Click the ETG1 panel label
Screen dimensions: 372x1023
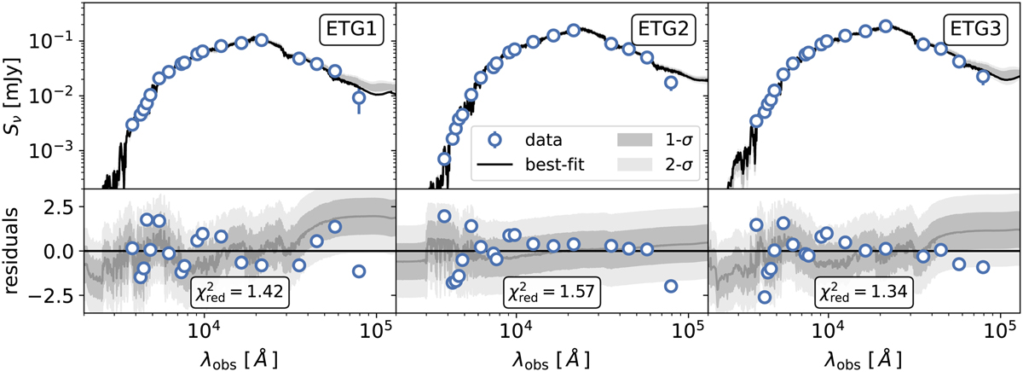point(351,31)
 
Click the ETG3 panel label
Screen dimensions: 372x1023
point(974,31)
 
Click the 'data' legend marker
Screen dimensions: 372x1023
point(492,137)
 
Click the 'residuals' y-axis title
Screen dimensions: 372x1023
point(16,252)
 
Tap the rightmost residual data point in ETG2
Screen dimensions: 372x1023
point(671,286)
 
